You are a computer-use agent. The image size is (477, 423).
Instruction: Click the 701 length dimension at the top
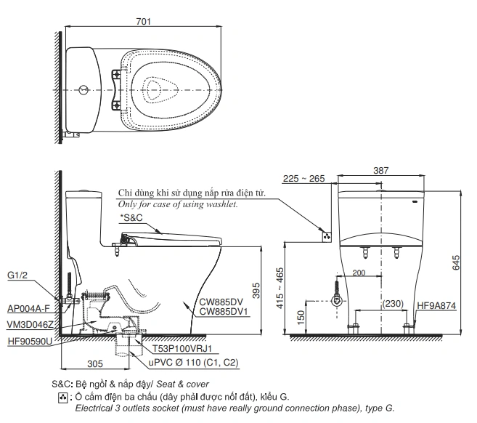[143, 21]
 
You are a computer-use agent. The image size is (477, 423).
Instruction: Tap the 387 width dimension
[381, 171]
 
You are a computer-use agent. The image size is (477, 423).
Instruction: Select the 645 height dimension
[456, 262]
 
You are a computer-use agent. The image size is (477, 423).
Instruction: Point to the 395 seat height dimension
[256, 290]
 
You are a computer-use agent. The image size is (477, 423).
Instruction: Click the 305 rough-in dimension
[95, 363]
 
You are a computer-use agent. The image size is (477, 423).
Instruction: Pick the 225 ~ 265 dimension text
[303, 179]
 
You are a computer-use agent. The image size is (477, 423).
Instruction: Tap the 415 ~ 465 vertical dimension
[280, 288]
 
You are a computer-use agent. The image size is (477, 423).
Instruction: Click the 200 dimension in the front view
[359, 273]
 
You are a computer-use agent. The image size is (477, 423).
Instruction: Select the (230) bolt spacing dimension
[393, 304]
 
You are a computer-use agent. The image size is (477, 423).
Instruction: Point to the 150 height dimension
[301, 318]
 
